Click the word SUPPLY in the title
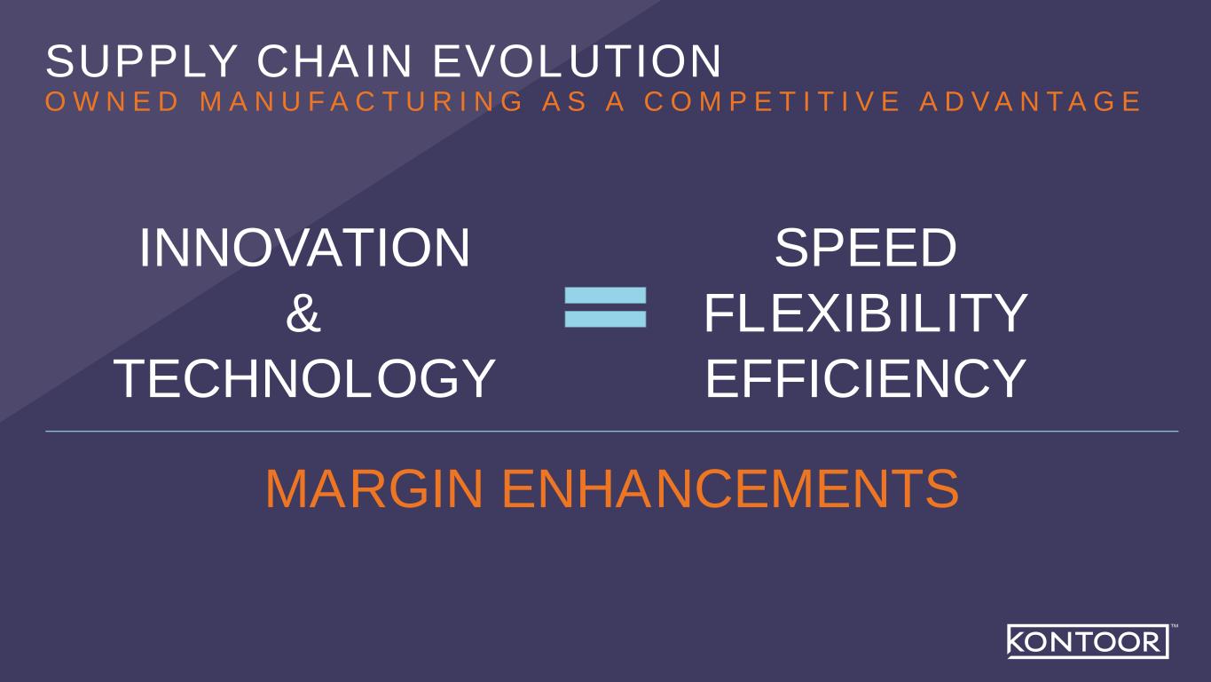point(142,60)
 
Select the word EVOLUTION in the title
point(578,60)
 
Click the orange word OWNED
point(112,101)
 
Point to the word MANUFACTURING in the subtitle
point(362,101)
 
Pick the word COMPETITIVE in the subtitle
point(772,101)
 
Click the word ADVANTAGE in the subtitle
point(1030,101)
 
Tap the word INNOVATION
point(305,248)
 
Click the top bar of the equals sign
point(605,296)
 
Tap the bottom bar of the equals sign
point(605,319)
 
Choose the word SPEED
point(866,248)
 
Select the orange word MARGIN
point(374,488)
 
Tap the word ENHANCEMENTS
point(731,488)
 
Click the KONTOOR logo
point(1088,641)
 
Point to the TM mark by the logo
point(1175,626)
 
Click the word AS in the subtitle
point(564,101)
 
